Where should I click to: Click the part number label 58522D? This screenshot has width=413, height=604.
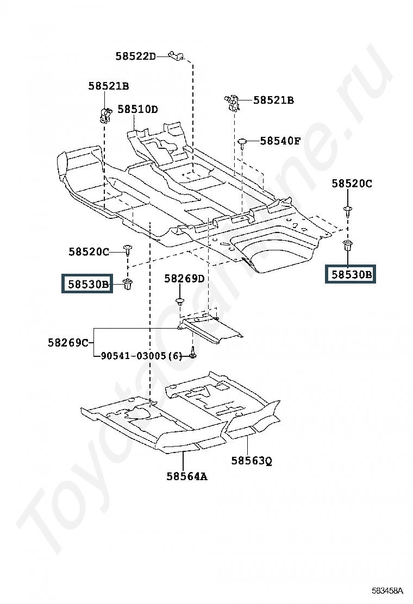click(136, 56)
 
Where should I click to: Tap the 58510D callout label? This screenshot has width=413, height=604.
click(137, 109)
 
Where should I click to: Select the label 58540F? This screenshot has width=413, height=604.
click(280, 141)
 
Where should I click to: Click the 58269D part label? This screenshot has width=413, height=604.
click(185, 279)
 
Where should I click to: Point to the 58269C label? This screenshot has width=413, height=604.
click(68, 342)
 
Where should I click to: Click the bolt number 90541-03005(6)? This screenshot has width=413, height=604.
click(141, 356)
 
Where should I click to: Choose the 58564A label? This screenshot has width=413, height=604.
click(187, 476)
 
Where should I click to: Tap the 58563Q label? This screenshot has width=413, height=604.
click(252, 461)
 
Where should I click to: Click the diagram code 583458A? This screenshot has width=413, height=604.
click(387, 590)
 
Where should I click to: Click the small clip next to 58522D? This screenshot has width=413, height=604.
click(176, 55)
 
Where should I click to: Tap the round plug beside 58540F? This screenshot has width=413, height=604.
click(242, 142)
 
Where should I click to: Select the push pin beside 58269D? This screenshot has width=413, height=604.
click(180, 301)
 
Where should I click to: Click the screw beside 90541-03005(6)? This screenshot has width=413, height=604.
click(192, 353)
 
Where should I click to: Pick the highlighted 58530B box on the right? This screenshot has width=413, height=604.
click(350, 274)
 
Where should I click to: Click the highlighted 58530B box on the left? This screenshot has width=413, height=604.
click(87, 284)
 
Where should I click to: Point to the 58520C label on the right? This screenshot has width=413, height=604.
click(352, 184)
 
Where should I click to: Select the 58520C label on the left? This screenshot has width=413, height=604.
click(89, 252)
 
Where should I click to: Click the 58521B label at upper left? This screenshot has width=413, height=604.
click(109, 86)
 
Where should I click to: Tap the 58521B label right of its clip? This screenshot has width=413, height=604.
click(273, 100)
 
